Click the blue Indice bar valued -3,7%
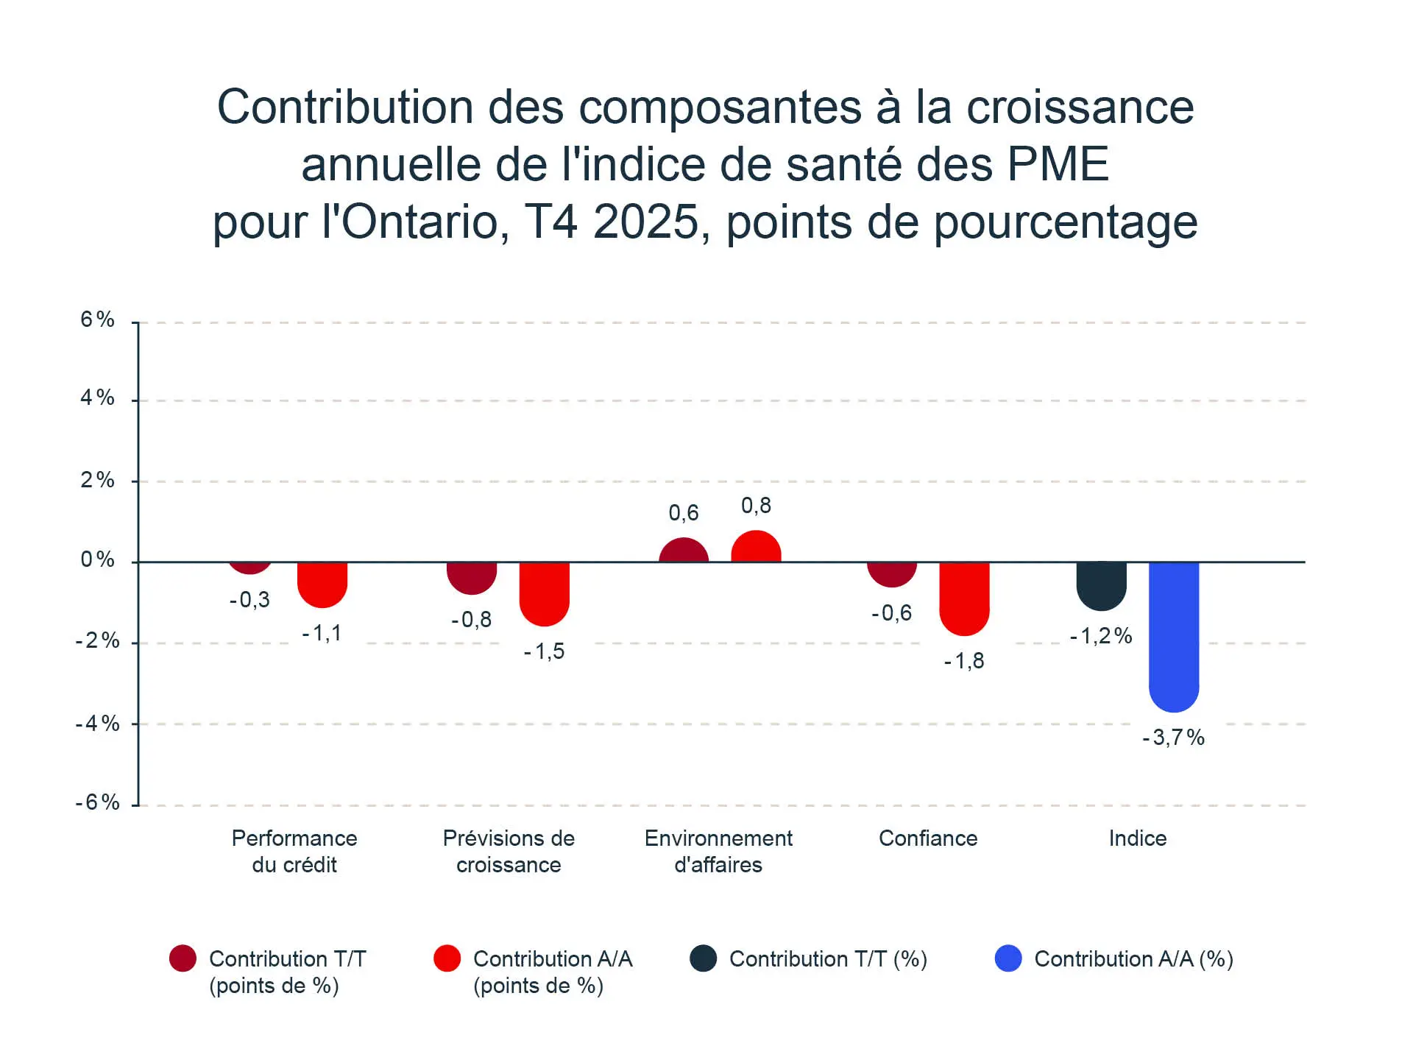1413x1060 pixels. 1174,636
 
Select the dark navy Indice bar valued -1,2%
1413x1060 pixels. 1101,586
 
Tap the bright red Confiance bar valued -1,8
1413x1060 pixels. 964,598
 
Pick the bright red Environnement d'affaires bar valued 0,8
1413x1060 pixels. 756,547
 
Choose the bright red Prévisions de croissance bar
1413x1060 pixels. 545,593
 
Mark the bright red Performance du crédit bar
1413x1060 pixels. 322,584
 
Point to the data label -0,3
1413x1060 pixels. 249,600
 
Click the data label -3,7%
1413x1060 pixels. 1173,738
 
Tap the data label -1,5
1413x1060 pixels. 545,651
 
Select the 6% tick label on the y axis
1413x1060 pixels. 98,319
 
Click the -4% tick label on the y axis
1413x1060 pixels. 98,724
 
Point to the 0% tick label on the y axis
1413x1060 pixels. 98,560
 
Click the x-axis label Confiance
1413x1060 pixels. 928,838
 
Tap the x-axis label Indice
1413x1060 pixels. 1138,838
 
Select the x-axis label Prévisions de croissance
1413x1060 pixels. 509,852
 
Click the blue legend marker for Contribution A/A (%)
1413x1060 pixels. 1008,958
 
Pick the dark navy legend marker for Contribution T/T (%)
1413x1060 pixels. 704,958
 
